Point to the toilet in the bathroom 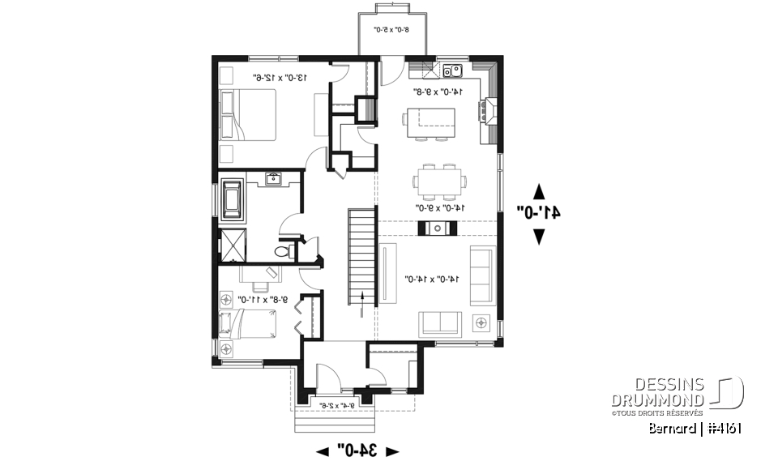283,252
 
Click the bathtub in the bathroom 234,199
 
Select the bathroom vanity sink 273,178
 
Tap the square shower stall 233,245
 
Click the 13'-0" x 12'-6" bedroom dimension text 283,79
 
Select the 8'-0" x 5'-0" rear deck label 391,31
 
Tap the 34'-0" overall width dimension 357,450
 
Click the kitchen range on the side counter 488,112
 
